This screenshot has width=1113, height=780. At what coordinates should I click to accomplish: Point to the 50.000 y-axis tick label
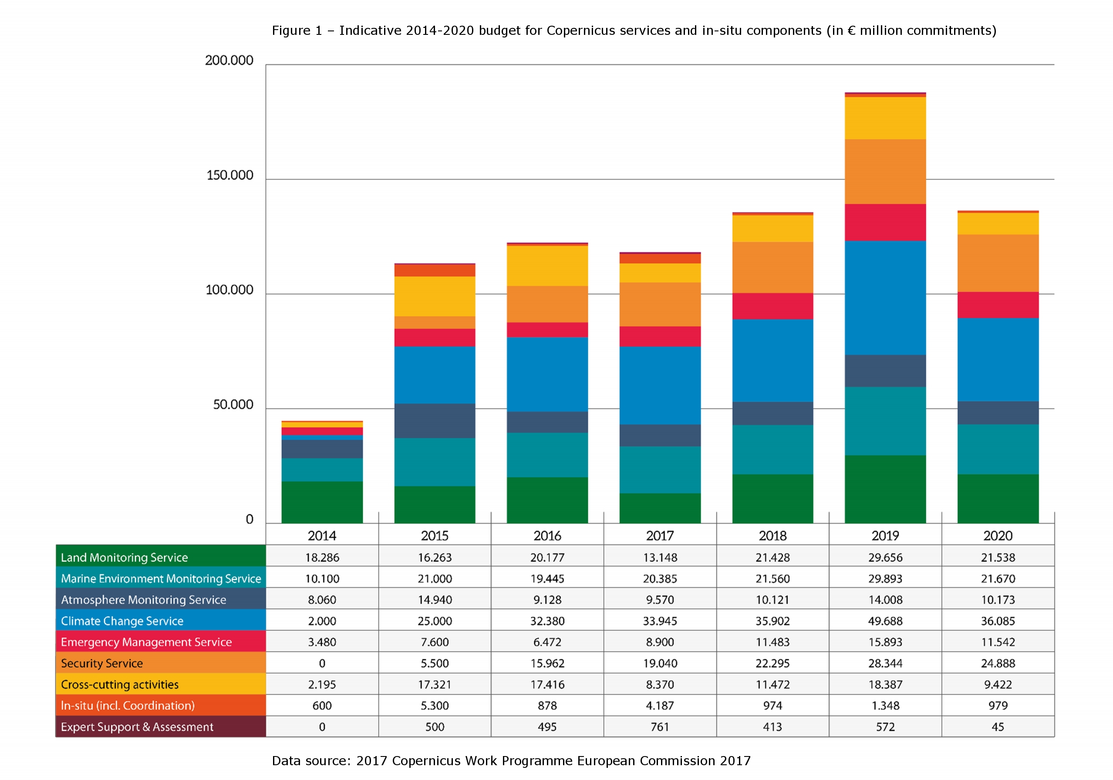(x=233, y=405)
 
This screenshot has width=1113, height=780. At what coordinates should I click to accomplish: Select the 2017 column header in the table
(x=660, y=536)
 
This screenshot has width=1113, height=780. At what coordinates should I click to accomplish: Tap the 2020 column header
(x=998, y=536)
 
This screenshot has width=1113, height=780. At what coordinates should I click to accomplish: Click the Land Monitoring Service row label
(x=124, y=557)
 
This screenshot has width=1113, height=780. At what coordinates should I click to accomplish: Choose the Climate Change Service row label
(x=122, y=621)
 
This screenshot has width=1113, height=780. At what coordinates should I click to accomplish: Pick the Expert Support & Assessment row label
(x=137, y=727)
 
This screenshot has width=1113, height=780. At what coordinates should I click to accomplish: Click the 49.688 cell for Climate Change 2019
(x=885, y=621)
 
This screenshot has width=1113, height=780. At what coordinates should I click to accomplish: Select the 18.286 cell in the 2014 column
(x=322, y=557)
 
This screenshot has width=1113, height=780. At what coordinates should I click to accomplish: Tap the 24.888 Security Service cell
(x=998, y=663)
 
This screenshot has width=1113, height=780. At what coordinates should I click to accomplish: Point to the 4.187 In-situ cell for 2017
(x=660, y=706)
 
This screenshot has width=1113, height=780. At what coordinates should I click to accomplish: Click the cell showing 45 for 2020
(x=998, y=727)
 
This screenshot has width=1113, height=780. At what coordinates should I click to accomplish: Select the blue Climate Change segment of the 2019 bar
(x=885, y=297)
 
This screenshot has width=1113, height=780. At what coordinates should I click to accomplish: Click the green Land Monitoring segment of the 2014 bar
(x=322, y=502)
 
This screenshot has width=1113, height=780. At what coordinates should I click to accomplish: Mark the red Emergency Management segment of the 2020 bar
(x=998, y=305)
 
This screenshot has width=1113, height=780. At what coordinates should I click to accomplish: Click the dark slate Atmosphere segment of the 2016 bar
(x=547, y=422)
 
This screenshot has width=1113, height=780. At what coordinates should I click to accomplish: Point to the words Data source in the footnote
(x=310, y=760)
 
